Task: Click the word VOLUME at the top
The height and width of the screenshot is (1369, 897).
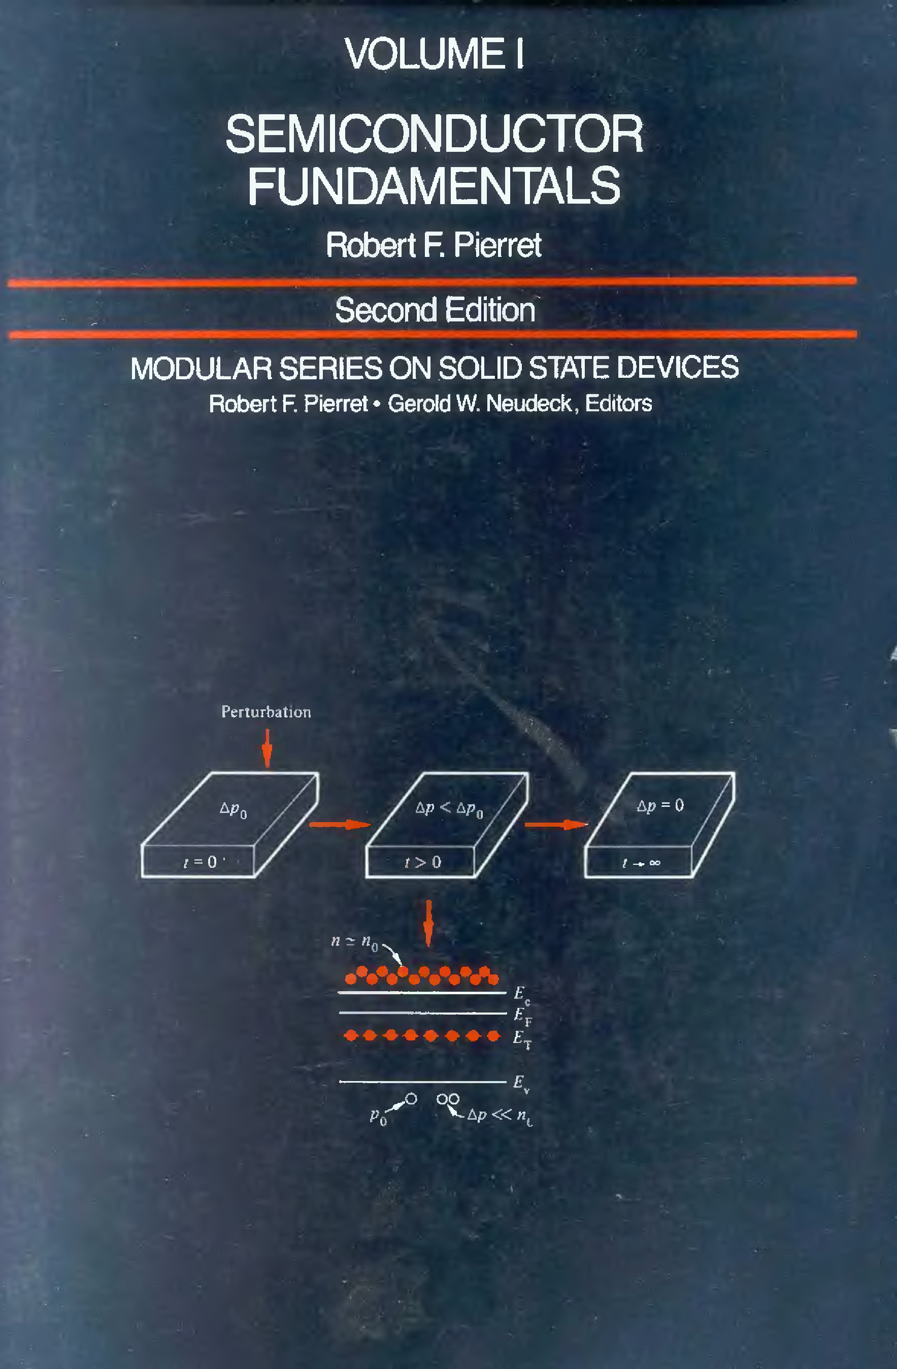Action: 425,53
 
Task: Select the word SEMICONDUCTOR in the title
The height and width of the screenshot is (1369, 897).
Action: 434,134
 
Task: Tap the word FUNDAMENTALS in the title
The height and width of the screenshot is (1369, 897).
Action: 434,185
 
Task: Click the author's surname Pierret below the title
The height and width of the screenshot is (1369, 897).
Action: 497,245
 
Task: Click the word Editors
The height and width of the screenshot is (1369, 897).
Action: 619,403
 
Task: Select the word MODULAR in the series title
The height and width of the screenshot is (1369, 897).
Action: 201,368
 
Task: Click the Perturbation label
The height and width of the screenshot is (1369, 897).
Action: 266,712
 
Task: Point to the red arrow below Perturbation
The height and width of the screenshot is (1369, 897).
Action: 267,748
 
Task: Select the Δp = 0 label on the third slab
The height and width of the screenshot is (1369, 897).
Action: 660,805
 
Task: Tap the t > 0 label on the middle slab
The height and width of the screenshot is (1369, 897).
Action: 423,862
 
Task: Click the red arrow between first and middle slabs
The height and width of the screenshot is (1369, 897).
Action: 340,824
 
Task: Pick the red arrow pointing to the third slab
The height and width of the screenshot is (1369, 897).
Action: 556,824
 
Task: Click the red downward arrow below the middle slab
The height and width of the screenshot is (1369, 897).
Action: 428,923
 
